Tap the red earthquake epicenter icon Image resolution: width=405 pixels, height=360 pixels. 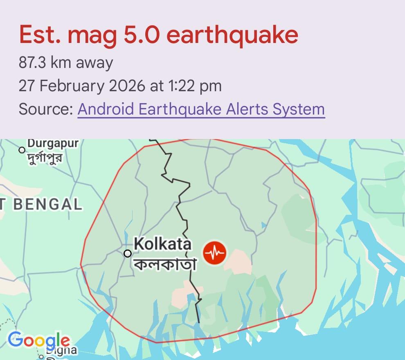tap(215, 254)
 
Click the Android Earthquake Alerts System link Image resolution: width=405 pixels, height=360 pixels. tap(201, 109)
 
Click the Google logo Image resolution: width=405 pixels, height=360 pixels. tap(39, 340)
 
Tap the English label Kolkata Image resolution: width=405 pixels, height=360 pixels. tap(162, 244)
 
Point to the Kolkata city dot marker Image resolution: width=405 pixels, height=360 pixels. tap(128, 254)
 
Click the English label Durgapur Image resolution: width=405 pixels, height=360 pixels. tap(52, 144)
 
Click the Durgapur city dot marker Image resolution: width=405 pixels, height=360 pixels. tap(22, 150)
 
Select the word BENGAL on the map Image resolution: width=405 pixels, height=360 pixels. tap(48, 205)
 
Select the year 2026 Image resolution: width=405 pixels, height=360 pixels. tap(126, 86)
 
